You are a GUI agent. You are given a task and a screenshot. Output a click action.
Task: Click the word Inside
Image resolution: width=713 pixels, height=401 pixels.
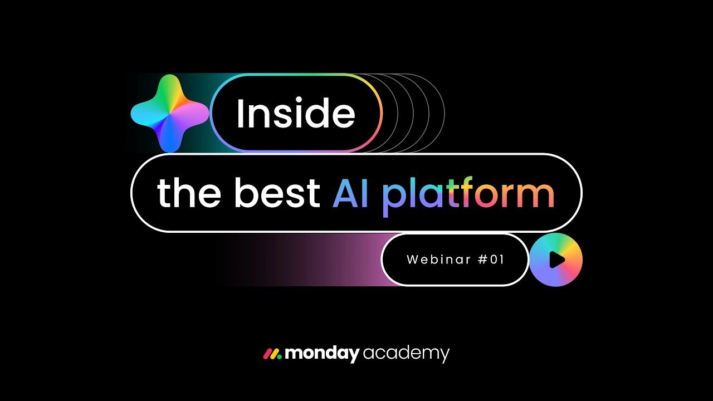pyautogui.click(x=295, y=114)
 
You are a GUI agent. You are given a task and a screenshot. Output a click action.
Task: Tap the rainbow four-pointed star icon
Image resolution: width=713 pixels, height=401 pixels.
pyautogui.click(x=170, y=113)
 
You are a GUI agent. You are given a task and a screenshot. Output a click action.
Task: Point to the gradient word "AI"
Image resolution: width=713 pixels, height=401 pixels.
pyautogui.click(x=350, y=193)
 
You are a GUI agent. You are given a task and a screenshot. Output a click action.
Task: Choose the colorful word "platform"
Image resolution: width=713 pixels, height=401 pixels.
pyautogui.click(x=468, y=195)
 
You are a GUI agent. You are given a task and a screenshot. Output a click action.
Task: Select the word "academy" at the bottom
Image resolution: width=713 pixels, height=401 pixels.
pyautogui.click(x=406, y=354)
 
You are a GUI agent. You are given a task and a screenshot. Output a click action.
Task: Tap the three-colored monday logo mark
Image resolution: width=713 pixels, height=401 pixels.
pyautogui.click(x=272, y=354)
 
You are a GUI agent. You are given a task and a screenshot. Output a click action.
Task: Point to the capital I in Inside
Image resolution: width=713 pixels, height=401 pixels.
pyautogui.click(x=241, y=114)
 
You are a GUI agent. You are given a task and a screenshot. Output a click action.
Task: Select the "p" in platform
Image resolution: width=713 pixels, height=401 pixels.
pyautogui.click(x=393, y=197)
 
